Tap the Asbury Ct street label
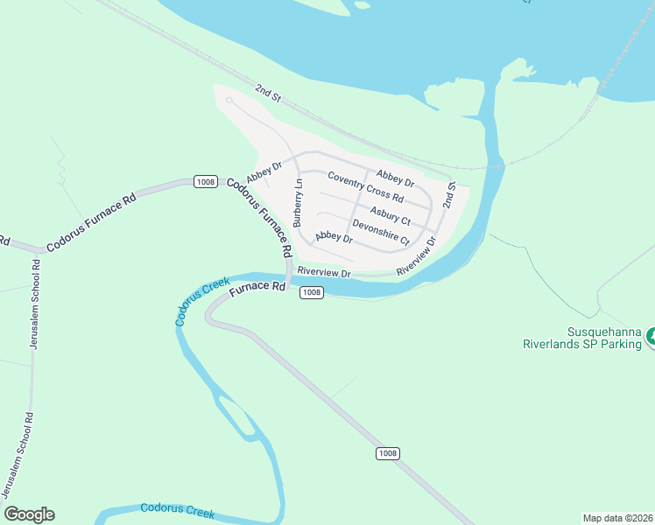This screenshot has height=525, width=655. click(x=390, y=215)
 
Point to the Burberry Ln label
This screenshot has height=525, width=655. click(x=298, y=203)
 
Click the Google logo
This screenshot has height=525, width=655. click(x=29, y=514)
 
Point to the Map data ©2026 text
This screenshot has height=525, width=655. click(x=617, y=517)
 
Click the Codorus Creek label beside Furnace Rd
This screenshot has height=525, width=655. click(x=201, y=301)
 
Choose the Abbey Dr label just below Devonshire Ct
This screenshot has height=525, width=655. click(x=334, y=236)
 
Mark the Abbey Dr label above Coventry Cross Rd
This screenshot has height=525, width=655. click(x=394, y=177)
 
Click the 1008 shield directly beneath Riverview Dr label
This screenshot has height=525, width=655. click(x=313, y=292)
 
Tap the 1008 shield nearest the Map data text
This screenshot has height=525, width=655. click(x=388, y=453)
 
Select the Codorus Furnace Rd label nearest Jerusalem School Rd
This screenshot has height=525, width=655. click(x=92, y=223)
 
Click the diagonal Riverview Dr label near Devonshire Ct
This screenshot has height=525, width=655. click(x=416, y=260)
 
